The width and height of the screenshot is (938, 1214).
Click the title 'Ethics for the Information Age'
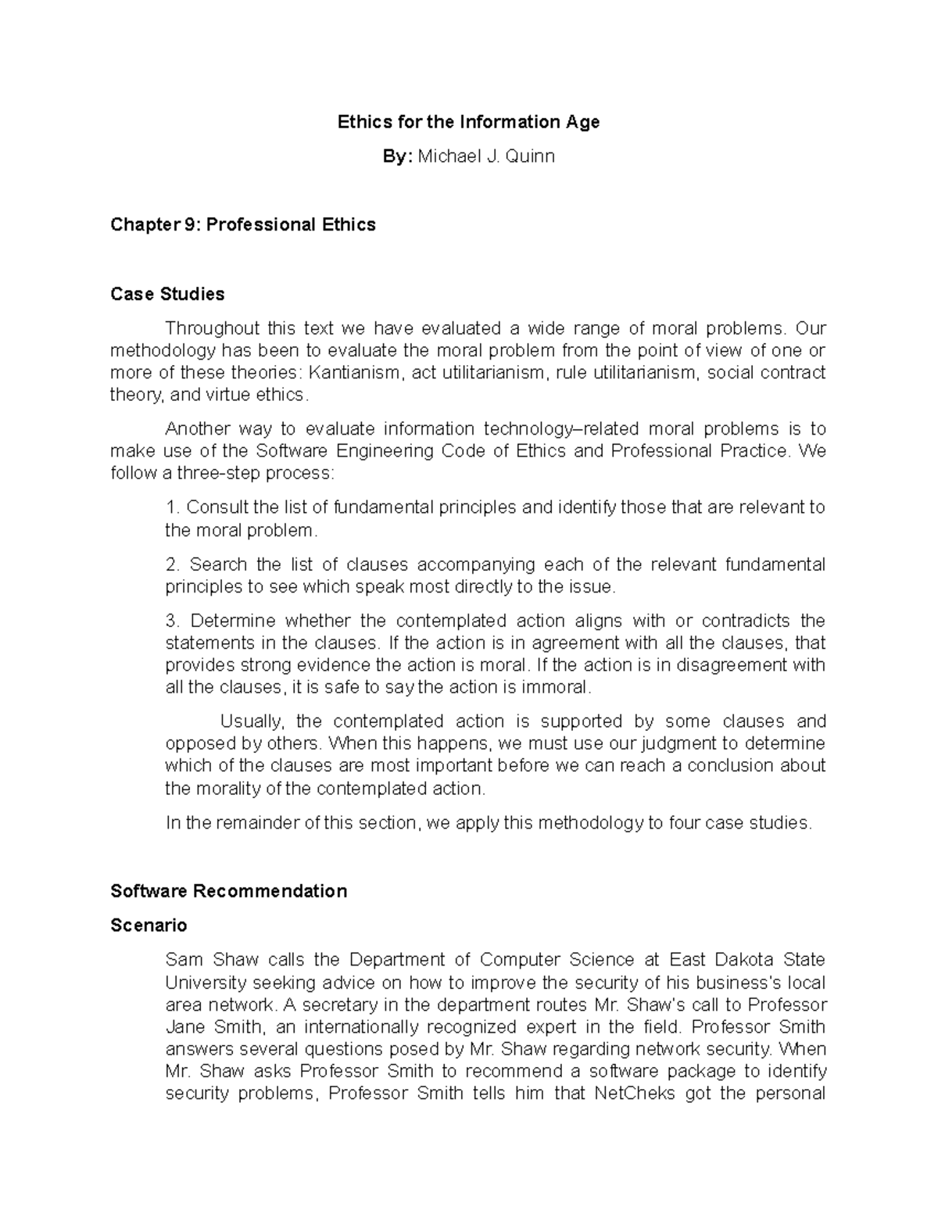[x=468, y=122]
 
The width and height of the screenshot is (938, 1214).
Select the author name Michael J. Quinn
[x=486, y=156]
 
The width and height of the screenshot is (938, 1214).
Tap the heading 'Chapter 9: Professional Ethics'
[x=243, y=225]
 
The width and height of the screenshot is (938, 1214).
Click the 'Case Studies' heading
[x=167, y=294]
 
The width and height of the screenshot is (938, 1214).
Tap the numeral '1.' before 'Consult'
[x=173, y=507]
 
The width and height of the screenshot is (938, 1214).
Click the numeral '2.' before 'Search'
[x=174, y=564]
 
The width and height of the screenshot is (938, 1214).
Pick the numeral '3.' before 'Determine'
[x=174, y=621]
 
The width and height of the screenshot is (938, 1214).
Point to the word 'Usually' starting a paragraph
[x=247, y=721]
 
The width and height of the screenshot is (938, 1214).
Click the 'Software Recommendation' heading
[x=229, y=891]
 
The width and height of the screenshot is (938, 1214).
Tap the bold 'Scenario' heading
[x=149, y=926]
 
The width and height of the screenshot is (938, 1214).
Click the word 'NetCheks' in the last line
[x=635, y=1094]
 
